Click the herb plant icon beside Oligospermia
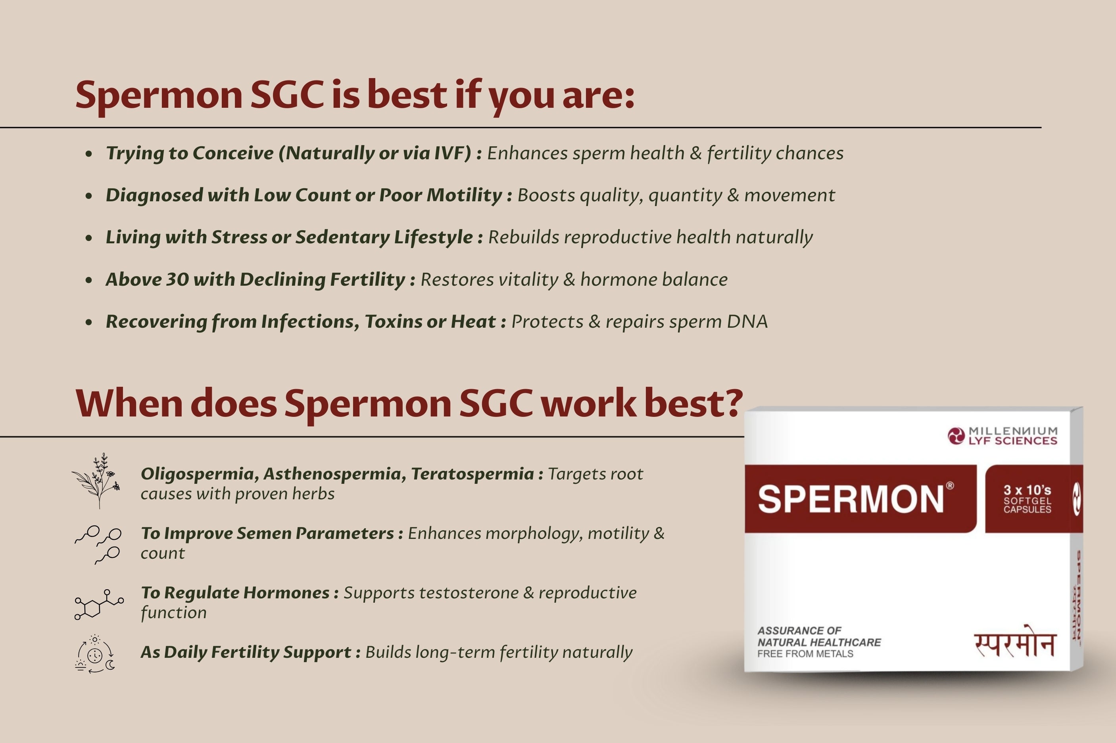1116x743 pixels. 97,481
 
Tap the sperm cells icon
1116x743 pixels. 98,544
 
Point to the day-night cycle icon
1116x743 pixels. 95,654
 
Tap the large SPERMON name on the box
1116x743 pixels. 851,499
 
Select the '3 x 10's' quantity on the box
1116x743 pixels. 1027,490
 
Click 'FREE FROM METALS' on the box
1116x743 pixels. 805,654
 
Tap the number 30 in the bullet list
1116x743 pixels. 177,280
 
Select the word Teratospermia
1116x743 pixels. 473,474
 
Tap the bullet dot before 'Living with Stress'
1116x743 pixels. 89,238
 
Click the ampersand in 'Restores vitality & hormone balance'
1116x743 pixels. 569,280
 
